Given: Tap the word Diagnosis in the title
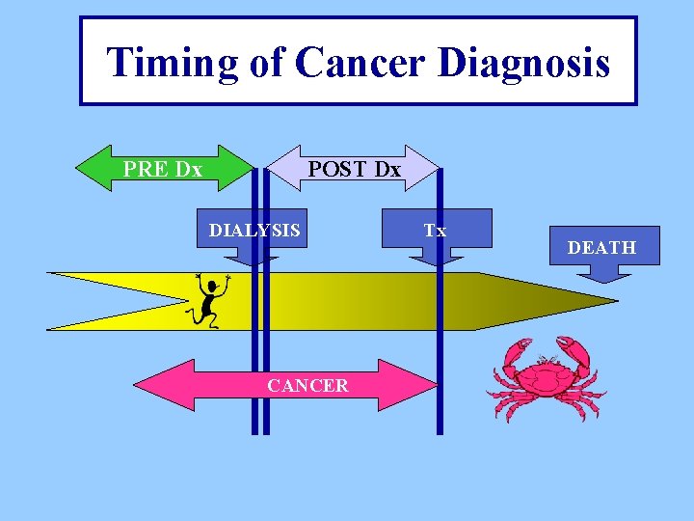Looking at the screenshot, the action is pyautogui.click(x=523, y=63).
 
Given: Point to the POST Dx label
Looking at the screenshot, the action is pyautogui.click(x=354, y=169).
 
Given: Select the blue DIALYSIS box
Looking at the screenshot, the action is pyautogui.click(x=254, y=231).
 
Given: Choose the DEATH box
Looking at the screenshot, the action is pyautogui.click(x=601, y=247).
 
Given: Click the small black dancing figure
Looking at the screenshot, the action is pyautogui.click(x=206, y=300).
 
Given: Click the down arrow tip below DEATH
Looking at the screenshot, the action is pyautogui.click(x=602, y=278).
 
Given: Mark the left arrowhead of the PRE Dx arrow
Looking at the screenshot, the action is pyautogui.click(x=87, y=169).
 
